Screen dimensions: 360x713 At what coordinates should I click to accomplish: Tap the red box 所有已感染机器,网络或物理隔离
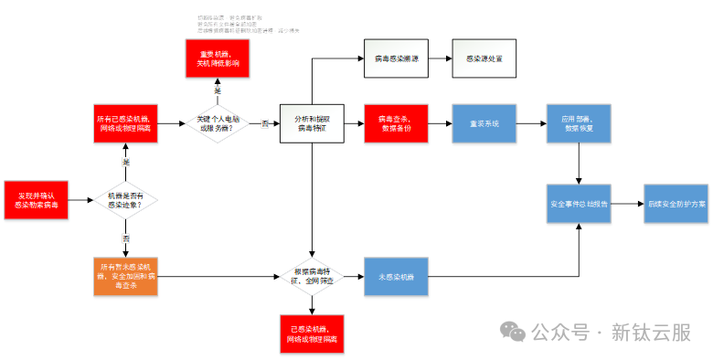coord(125,124)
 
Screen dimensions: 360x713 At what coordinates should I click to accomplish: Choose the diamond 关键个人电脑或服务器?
coord(217,123)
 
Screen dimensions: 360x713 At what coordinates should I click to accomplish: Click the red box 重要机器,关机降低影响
coord(218,58)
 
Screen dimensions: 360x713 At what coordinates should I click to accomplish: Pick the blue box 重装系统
coord(484,123)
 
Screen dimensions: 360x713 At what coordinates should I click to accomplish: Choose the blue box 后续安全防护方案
coord(676,204)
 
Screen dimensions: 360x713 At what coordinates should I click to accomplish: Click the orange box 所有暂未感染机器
coord(125,276)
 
